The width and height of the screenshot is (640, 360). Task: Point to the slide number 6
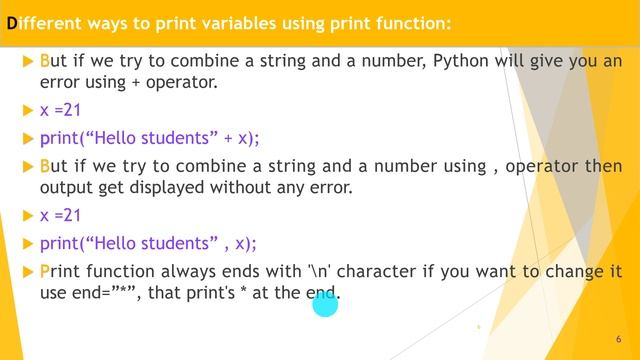click(619, 340)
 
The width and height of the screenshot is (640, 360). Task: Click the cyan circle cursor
click(326, 303)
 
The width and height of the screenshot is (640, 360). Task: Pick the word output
click(68, 187)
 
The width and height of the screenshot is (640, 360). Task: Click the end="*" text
click(104, 292)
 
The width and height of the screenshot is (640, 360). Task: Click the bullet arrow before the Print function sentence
click(27, 270)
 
